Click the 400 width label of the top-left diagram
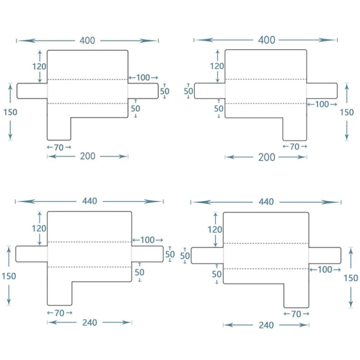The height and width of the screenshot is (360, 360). (87, 41)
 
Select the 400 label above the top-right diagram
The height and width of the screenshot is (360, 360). (266, 40)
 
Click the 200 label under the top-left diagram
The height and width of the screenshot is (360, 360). (88, 156)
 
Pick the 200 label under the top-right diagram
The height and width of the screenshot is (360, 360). (266, 157)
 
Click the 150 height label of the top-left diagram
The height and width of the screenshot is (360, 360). (10, 112)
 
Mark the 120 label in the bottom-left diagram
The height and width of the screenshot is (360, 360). (39, 228)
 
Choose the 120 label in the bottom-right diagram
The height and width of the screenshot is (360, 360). (215, 230)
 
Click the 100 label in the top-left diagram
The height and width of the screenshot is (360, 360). (143, 77)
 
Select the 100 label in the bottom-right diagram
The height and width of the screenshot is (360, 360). (325, 270)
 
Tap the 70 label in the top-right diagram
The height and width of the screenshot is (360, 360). (295, 146)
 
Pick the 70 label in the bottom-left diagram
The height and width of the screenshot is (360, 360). (60, 313)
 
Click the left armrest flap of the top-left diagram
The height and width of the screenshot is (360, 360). (32, 90)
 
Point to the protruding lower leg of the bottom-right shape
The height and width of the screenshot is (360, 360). (296, 295)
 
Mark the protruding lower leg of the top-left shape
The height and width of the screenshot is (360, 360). (59, 129)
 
